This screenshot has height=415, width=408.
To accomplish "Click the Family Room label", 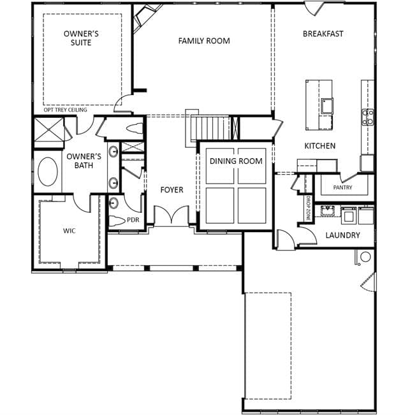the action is point(204,41).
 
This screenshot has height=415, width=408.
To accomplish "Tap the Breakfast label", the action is point(323,34).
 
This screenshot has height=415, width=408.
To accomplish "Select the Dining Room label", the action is point(236,161).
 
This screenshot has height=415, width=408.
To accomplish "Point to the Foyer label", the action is point(171,190).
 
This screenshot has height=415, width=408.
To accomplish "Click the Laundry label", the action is point(342,235).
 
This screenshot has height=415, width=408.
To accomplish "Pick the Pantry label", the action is point(342,187).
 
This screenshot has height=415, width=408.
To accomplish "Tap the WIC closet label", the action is point(69,231).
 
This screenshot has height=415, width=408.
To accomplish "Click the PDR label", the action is point(133,220).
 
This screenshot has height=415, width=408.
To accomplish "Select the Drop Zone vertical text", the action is point(308,208).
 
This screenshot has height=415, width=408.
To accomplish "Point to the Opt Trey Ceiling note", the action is point(65,110).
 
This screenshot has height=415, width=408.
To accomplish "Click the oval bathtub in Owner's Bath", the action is point(48,171).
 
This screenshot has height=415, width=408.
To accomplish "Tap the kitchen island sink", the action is point(327,106).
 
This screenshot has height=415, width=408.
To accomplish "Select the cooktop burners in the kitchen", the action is point(368,117).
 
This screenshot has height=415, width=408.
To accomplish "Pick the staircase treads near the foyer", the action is point(210,127).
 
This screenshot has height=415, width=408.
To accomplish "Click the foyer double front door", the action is point(171,215).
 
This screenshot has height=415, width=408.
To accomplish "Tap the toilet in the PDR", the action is point(117,220).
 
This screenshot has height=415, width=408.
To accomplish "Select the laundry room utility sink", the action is point(328,211).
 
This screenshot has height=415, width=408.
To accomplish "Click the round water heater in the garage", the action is point(365,257).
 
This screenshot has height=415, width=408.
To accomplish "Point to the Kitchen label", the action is point(320,145).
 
